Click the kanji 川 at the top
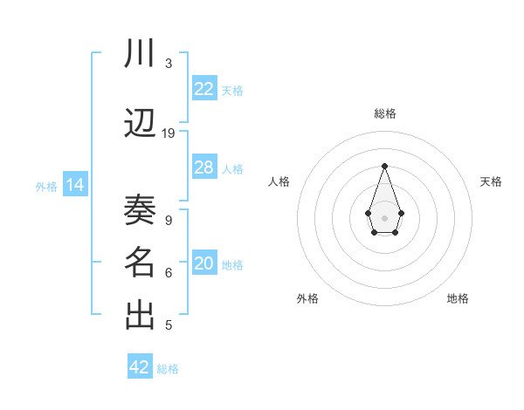tap(140, 55)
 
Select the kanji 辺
tap(140, 123)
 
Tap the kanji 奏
tap(140, 210)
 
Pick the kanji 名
tap(140, 263)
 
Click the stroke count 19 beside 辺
tap(169, 133)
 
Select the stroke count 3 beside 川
tap(169, 64)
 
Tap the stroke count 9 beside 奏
tap(169, 220)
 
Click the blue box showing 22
tap(204, 89)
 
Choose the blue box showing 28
tap(204, 167)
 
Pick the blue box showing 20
tap(204, 263)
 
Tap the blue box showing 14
tap(74, 185)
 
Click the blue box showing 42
tap(140, 367)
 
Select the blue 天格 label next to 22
tap(232, 90)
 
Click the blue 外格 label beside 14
tap(46, 186)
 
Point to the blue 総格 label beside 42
tap(168, 368)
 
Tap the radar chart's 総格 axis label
tap(384, 113)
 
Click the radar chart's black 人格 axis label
tap(279, 181)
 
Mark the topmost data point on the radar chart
tap(384, 166)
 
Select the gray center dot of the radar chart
tap(384, 216)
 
